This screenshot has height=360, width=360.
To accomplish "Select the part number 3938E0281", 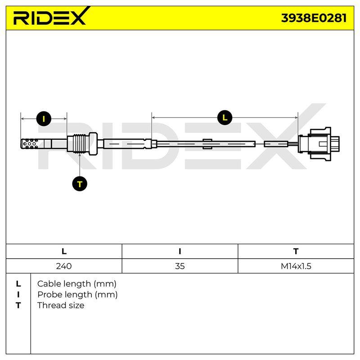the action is click(x=314, y=18).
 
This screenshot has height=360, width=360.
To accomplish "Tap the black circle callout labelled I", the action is click(x=44, y=119).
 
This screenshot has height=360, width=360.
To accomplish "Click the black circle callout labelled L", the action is click(x=225, y=118).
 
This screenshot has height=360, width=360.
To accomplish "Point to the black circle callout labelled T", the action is click(x=80, y=184).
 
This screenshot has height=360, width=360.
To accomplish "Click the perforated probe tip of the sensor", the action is click(x=30, y=144).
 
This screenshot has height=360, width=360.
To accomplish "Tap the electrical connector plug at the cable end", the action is click(x=319, y=143).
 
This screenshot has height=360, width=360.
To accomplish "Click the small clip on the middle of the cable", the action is click(x=207, y=144).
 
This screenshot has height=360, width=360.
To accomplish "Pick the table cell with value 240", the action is click(x=64, y=266).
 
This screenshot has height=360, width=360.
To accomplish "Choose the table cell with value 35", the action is click(x=180, y=266).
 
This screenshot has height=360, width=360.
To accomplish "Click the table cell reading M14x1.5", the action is click(x=296, y=266).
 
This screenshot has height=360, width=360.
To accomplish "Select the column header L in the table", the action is click(x=64, y=252).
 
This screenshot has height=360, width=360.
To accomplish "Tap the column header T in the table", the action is click(x=296, y=252).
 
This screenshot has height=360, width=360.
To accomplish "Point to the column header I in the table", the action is click(x=180, y=252).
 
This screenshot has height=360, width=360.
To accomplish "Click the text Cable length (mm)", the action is click(x=76, y=284).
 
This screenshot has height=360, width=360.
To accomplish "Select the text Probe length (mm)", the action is click(x=77, y=295).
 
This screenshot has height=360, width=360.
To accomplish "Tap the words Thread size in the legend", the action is click(x=61, y=306).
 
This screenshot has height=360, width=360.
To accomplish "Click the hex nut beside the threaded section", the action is click(x=93, y=144).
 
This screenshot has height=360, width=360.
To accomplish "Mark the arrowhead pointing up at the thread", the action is click(x=80, y=155).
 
